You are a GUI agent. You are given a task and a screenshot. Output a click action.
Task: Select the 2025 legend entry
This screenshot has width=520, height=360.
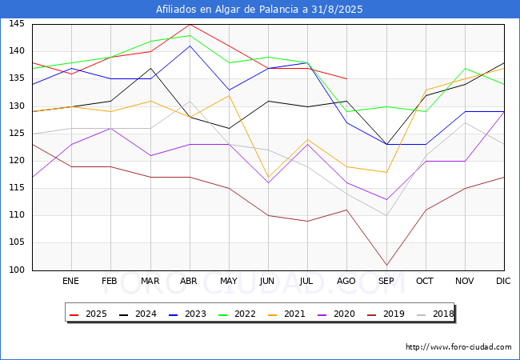tap(88, 314)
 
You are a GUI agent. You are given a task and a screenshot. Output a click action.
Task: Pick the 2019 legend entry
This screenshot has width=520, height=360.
tap(386, 314)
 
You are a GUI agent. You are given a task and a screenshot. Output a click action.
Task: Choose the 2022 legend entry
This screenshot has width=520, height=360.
tap(237, 314)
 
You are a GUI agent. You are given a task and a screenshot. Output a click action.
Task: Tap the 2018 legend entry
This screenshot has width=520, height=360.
tap(435, 314)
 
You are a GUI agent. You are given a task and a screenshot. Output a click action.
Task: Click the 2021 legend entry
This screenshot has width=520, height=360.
tap(286, 314)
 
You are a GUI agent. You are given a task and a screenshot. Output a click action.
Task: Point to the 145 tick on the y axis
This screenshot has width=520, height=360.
tap(17, 24)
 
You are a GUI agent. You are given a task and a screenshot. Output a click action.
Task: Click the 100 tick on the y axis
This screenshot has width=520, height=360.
tap(17, 270)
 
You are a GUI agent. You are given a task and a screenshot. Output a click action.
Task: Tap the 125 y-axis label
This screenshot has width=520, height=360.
tap(17, 134)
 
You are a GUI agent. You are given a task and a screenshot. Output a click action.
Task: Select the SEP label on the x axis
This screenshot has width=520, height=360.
tap(386, 281)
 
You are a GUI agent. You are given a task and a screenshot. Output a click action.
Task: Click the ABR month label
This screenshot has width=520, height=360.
tap(189, 281)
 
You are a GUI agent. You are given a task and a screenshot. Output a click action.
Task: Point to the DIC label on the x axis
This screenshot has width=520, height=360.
tap(503, 281)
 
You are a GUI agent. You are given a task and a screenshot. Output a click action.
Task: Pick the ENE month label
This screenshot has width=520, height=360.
tap(70, 281)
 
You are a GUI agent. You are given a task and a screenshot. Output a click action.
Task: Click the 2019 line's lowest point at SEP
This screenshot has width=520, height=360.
tap(386, 265)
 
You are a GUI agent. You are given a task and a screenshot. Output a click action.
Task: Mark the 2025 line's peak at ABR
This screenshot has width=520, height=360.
tap(190, 24)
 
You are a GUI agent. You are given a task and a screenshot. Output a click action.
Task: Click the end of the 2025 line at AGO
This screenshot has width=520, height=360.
tap(347, 79)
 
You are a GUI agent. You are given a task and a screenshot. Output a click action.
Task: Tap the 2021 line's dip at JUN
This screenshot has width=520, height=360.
tap(268, 178)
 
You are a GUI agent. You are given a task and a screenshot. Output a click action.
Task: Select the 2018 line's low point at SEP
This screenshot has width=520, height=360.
tap(386, 215)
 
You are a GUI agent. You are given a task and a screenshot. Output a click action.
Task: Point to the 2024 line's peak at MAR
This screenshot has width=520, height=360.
tap(151, 68)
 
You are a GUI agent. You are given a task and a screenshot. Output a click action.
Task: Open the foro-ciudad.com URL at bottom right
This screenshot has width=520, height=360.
tap(458, 347)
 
